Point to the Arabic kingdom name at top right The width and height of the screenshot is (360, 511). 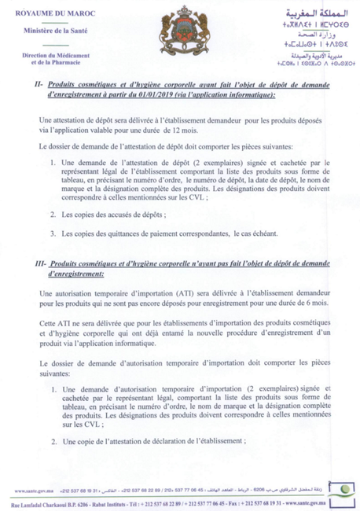[307, 12]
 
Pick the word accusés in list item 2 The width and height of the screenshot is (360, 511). [123, 214]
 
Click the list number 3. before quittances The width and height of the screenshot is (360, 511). [52, 233]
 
